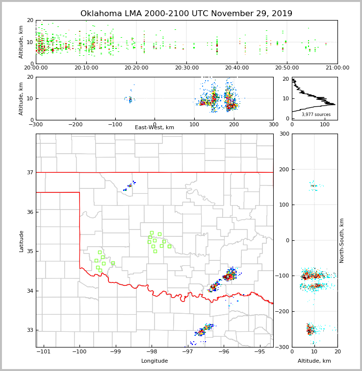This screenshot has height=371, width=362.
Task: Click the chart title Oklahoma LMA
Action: pos(186,14)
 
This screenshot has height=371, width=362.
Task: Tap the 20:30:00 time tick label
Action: pos(186,68)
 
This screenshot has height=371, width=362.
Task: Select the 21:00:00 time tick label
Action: pos(337,68)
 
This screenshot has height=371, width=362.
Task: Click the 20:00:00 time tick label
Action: pos(36,68)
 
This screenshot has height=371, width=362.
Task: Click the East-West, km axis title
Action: pos(155,128)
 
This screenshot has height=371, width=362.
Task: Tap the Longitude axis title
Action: pos(155,361)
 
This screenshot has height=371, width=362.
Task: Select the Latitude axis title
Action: pos(22,241)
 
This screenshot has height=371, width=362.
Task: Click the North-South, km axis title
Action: pos(342,240)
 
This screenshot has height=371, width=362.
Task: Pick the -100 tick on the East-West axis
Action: pos(115,124)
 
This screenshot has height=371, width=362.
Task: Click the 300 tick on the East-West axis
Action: pos(273,124)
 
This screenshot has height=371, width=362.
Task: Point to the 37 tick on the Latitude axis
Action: pos(30,172)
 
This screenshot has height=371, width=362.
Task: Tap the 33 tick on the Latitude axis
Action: pos(30,330)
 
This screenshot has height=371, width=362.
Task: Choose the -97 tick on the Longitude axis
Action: pos(187,352)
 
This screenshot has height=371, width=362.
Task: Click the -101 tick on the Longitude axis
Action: pos(44,352)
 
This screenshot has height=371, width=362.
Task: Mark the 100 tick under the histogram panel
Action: pos(325,124)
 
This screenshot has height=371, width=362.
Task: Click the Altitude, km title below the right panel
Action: pos(314,361)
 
